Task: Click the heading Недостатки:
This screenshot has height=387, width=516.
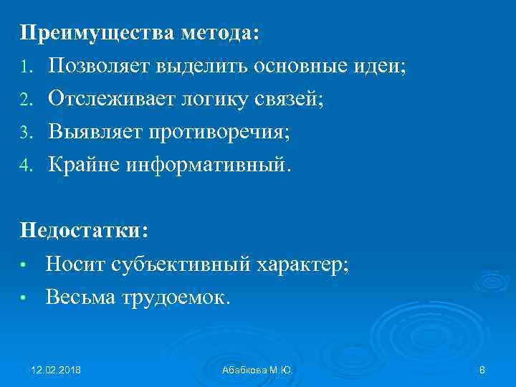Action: coord(85,231)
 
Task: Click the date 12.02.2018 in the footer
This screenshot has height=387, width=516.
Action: coord(56,369)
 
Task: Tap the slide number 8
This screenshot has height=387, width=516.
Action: coord(482,369)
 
